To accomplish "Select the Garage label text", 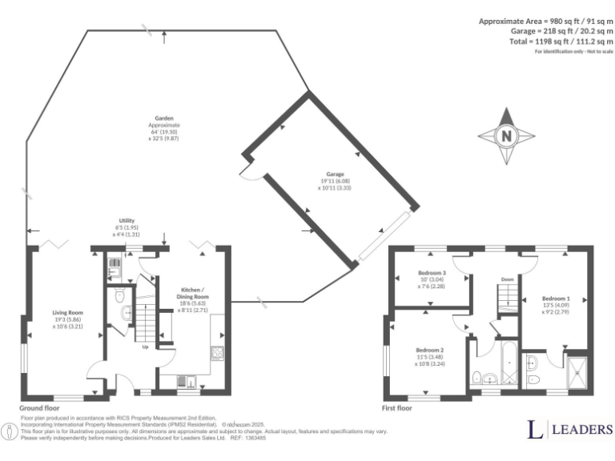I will click(334, 181).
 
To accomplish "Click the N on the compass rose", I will click(505, 135).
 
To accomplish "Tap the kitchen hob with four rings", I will click(215, 351).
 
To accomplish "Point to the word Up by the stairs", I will click(145, 347).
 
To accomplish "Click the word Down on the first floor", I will click(508, 279).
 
